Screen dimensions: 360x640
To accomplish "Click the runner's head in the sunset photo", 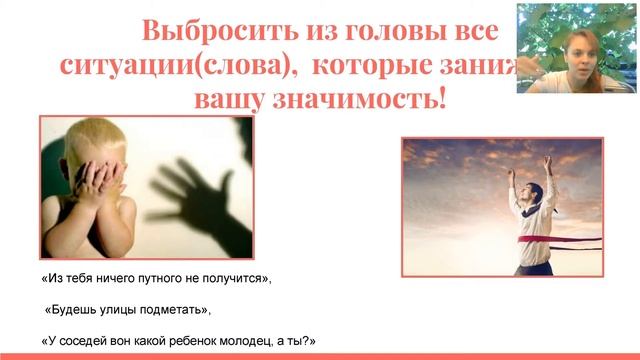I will (531, 179).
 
